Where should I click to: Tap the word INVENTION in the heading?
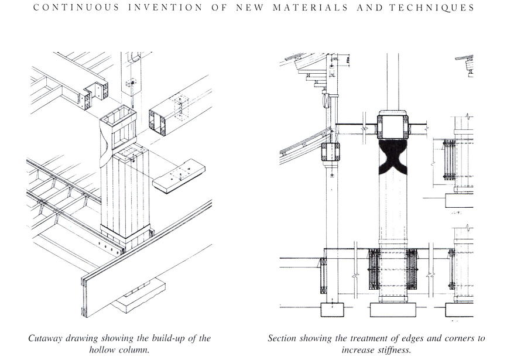point(162,8)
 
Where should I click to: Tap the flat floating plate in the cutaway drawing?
point(179,176)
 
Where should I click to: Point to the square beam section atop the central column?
point(393,125)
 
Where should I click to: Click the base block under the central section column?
point(392,308)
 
